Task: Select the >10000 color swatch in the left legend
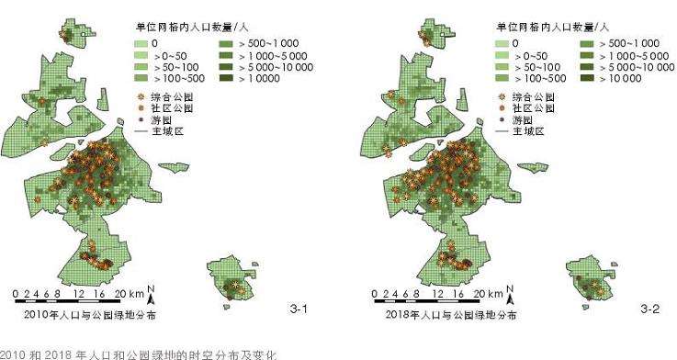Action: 224,79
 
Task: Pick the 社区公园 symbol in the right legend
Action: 501,107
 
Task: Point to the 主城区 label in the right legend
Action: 529,131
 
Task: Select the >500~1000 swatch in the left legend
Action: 224,42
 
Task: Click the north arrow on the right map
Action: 511,294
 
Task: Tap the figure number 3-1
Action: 299,309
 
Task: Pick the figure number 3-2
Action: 649,309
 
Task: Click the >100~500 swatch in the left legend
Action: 139,79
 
